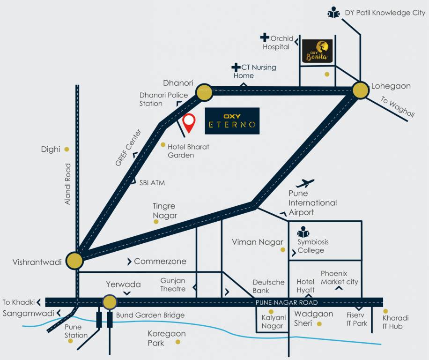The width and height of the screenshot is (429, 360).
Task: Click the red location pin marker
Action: tap(189, 123)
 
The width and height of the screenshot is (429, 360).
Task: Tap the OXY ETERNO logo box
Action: tap(232, 121)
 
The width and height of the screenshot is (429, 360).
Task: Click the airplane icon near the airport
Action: tap(305, 183)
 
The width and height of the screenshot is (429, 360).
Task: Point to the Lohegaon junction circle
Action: tap(361, 90)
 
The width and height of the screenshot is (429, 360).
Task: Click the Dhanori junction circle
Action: tap(204, 93)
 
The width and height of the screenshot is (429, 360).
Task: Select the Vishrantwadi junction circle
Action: tap(74, 260)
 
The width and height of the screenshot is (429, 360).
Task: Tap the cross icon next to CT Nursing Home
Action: tap(236, 67)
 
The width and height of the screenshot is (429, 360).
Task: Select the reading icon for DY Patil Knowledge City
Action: tap(334, 13)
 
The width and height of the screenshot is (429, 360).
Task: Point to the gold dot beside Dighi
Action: tap(67, 149)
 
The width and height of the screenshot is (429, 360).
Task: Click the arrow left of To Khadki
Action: tap(39, 302)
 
